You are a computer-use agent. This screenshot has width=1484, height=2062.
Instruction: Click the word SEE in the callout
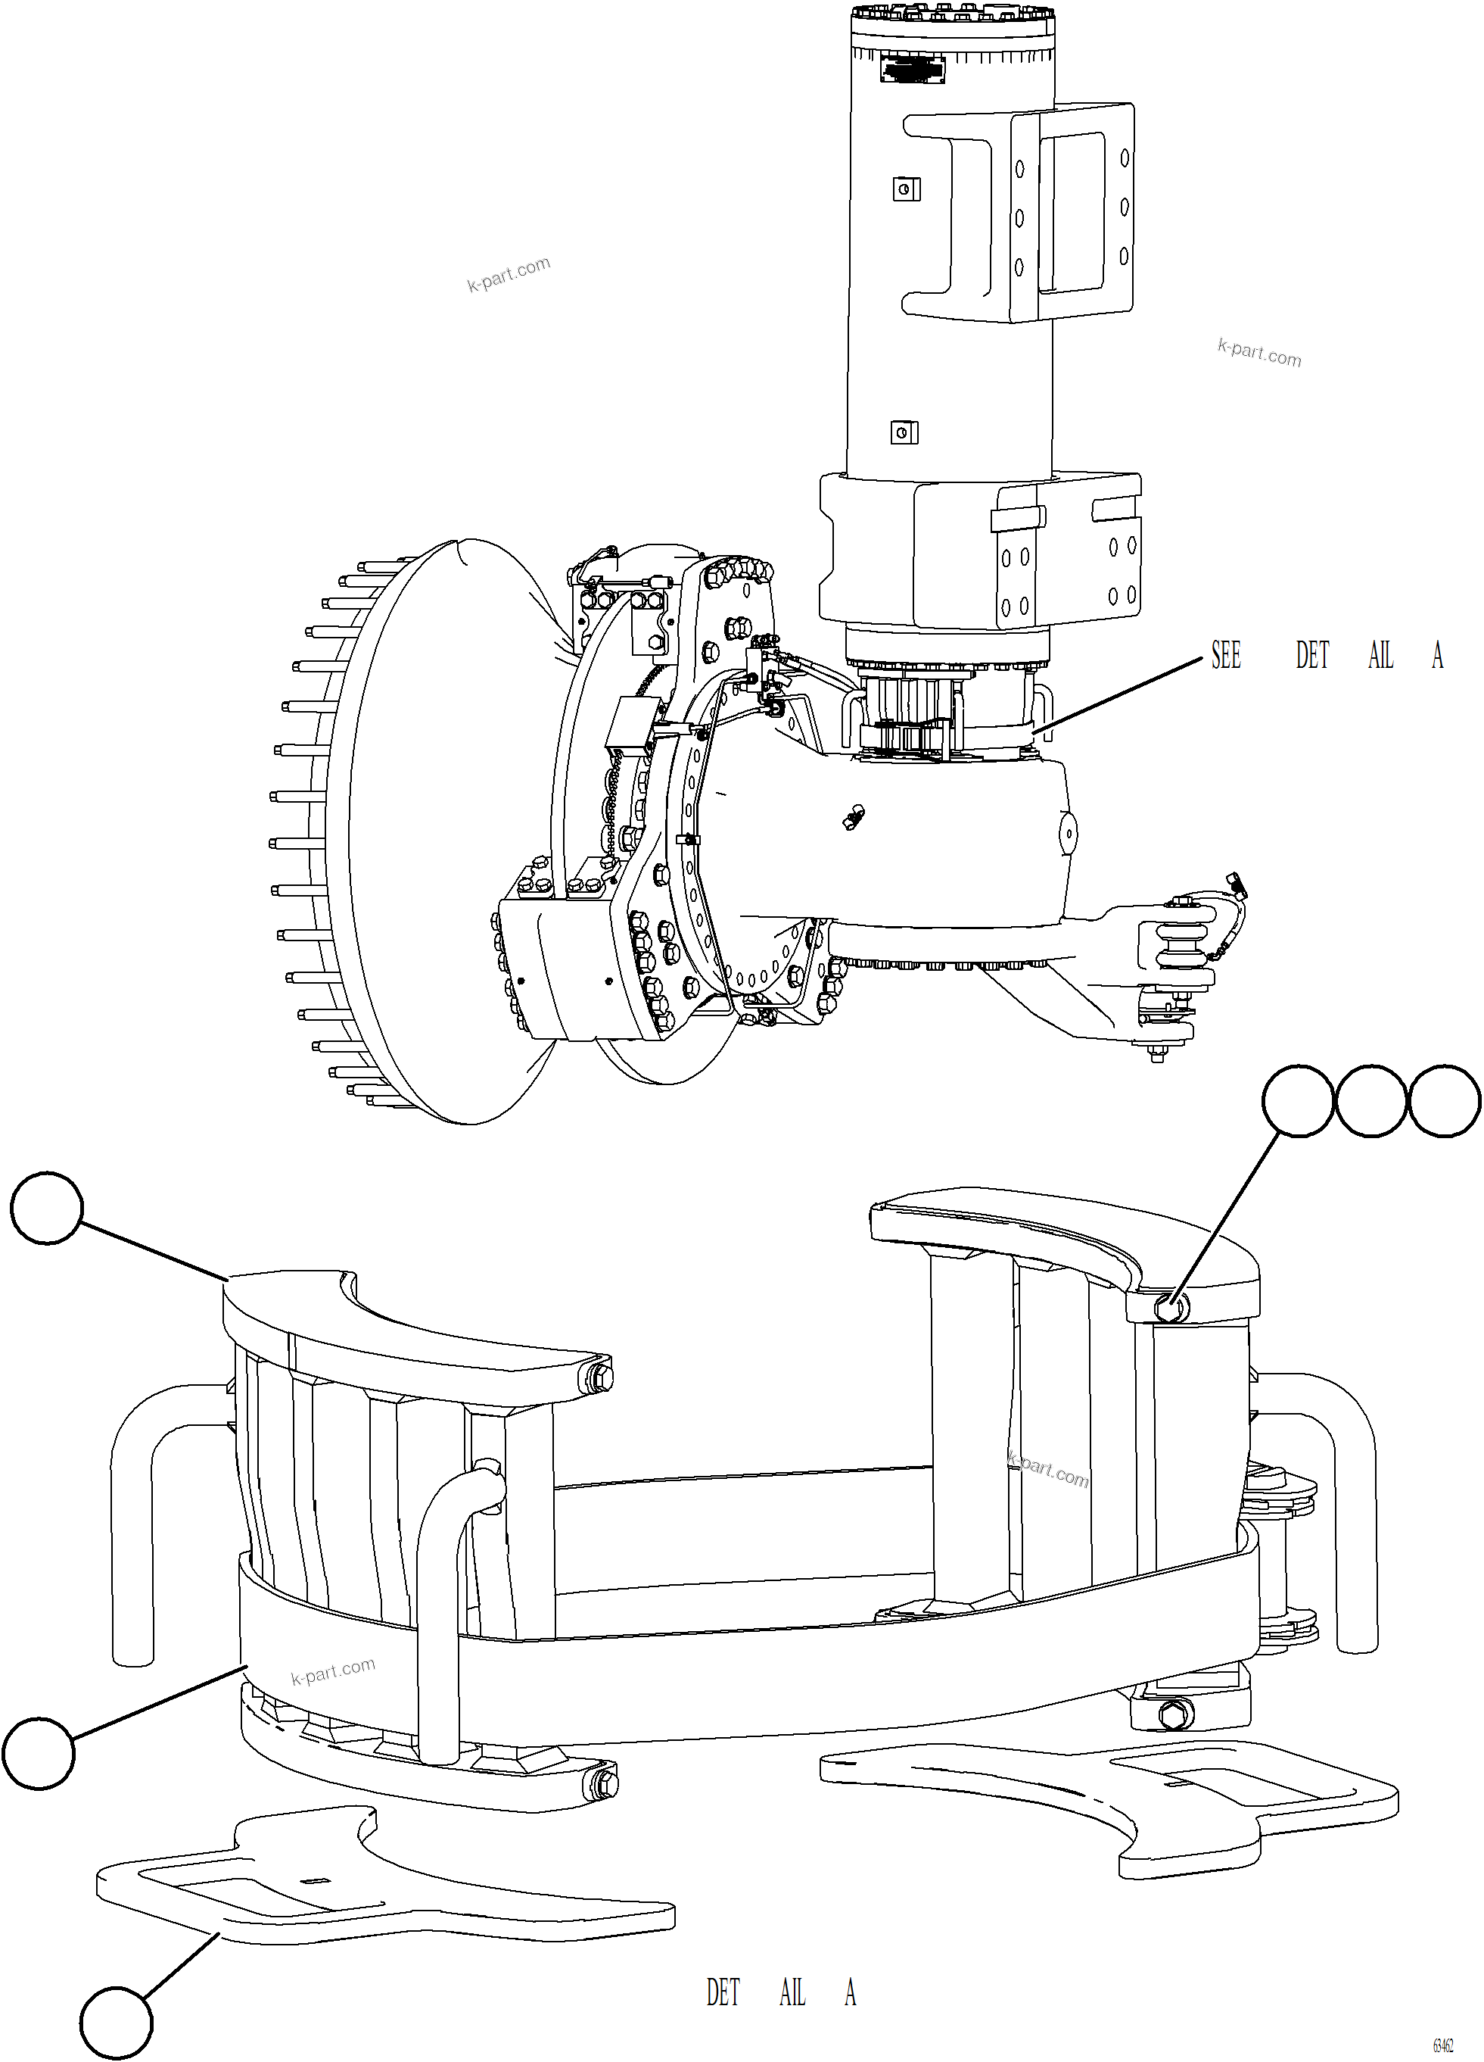coord(1225,656)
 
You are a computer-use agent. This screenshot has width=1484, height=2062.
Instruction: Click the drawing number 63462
coord(1442,2045)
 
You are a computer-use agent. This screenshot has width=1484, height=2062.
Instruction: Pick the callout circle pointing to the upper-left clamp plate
coord(46,1207)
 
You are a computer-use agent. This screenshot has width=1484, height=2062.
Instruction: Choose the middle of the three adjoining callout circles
coord(1371,1100)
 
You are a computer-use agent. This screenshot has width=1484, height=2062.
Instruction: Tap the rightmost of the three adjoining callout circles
coord(1444,1100)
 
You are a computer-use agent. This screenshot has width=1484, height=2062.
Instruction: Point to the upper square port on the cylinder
coord(905,189)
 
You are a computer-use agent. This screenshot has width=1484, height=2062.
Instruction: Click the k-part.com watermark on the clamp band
coord(333,1671)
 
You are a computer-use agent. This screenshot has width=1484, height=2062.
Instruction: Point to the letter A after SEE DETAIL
coord(1437,656)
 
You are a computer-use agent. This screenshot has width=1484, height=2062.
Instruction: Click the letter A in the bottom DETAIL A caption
coord(850,1994)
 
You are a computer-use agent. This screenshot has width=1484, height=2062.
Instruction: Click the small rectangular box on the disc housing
coord(634,725)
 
